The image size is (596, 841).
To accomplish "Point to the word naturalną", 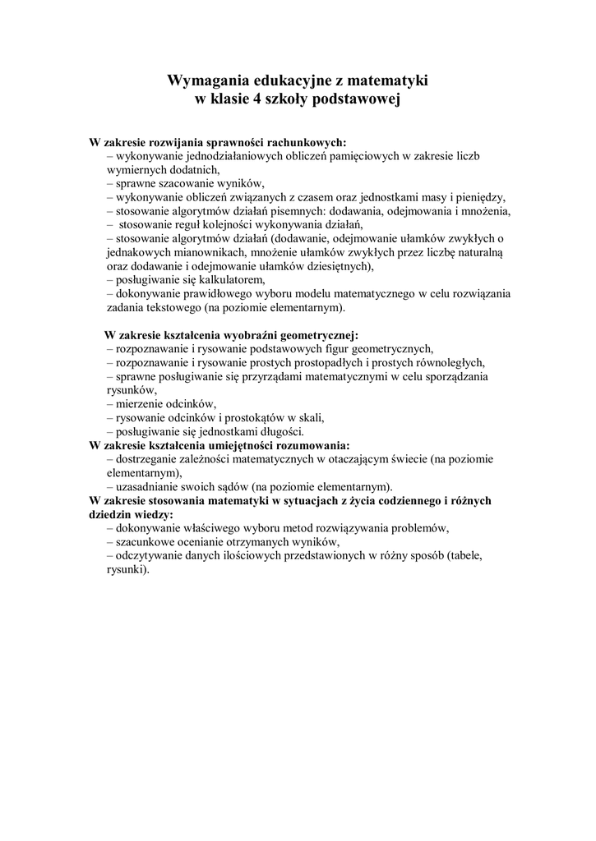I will click(484, 252).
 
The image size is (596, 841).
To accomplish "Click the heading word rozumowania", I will click(315, 446).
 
